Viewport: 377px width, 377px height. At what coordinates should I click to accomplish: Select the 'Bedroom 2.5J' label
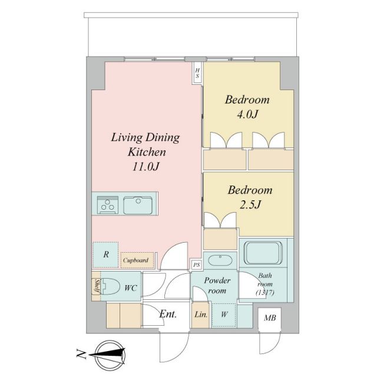[250, 197]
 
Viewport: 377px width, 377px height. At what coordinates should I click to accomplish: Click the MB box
[270, 319]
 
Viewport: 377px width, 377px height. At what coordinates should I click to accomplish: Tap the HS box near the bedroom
[198, 73]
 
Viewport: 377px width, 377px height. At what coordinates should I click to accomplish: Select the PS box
[196, 265]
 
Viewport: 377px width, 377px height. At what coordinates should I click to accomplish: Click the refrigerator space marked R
[105, 254]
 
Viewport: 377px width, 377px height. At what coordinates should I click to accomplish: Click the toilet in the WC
[110, 287]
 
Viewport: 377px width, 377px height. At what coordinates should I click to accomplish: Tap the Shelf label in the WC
[96, 287]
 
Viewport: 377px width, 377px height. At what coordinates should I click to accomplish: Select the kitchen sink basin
[139, 205]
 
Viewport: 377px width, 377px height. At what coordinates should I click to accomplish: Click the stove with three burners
[107, 205]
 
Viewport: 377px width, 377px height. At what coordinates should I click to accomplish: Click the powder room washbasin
[220, 260]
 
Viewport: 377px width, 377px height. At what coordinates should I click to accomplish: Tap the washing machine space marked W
[224, 315]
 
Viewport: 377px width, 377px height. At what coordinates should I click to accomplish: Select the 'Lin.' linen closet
[200, 315]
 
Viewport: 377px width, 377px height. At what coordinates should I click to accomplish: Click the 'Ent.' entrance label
[168, 314]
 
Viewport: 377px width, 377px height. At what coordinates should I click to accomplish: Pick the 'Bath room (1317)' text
[264, 283]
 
